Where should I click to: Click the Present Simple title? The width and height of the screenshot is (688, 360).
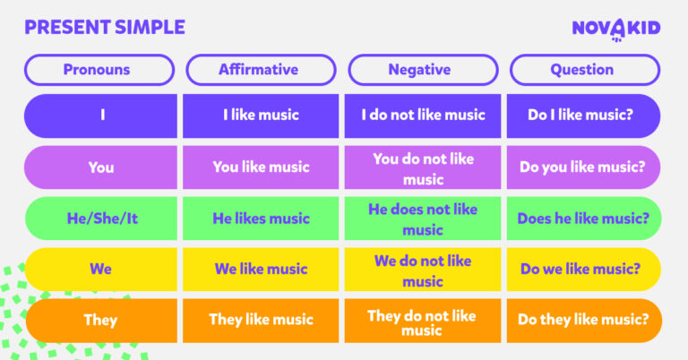(105, 27)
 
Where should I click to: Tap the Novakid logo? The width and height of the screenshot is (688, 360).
(615, 29)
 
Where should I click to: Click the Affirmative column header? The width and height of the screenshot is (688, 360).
(261, 69)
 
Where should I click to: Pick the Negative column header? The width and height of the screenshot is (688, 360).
(422, 69)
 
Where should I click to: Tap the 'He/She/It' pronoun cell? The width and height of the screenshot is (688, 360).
(100, 218)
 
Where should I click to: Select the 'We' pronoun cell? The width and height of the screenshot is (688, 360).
(100, 269)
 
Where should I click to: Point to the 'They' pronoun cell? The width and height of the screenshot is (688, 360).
(100, 320)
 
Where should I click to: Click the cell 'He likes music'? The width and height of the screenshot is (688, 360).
(261, 218)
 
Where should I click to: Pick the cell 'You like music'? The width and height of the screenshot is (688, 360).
(261, 167)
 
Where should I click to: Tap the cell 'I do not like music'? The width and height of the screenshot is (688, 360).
(423, 115)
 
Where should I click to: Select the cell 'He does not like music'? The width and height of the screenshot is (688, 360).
(423, 218)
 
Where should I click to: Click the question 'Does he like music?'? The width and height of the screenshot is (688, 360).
(583, 218)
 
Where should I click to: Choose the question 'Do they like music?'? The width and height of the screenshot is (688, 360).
(583, 320)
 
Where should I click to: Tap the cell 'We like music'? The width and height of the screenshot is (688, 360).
(261, 269)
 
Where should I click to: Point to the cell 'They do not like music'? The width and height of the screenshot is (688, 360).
(423, 320)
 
